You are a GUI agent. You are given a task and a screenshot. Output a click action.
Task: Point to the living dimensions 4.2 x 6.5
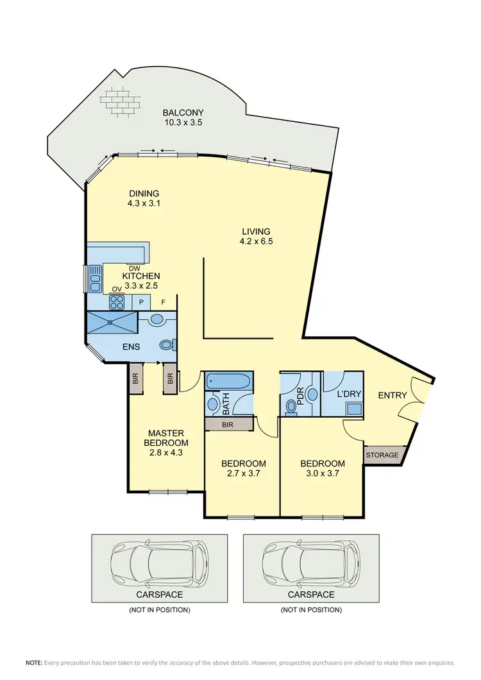click(x=257, y=242)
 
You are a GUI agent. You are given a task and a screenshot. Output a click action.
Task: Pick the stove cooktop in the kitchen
click(x=116, y=299)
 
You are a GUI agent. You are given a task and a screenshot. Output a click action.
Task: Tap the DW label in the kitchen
click(x=134, y=268)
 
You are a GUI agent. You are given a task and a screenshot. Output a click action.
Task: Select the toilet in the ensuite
click(x=166, y=345)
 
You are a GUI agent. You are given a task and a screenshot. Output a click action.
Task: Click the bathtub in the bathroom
click(x=230, y=381)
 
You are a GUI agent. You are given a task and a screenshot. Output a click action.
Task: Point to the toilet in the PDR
click(x=292, y=405)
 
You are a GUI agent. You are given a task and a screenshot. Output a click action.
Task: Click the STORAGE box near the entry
click(x=382, y=455)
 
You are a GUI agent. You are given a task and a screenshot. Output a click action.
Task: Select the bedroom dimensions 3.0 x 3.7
click(x=323, y=474)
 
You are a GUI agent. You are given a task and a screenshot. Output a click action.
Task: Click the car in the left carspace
click(x=159, y=565)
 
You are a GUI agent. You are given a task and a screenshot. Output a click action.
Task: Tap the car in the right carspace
click(x=310, y=565)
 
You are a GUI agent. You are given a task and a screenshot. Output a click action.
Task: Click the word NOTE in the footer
click(x=33, y=662)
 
